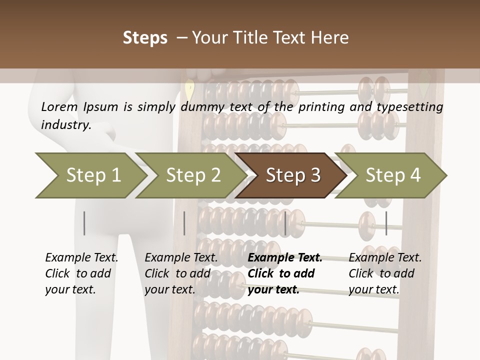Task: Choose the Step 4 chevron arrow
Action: [x=392, y=175]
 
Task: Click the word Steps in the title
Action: [x=145, y=38]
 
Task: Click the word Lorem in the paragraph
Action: [x=59, y=106]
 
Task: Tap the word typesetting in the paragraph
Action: [x=414, y=107]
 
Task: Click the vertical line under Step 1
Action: [x=84, y=223]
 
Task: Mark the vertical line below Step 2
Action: [x=184, y=223]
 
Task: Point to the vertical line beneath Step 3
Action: [x=285, y=223]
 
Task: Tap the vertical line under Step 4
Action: [x=386, y=223]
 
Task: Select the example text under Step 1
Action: [x=81, y=273]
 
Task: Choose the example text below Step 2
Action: [x=181, y=273]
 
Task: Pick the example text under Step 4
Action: [x=385, y=273]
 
